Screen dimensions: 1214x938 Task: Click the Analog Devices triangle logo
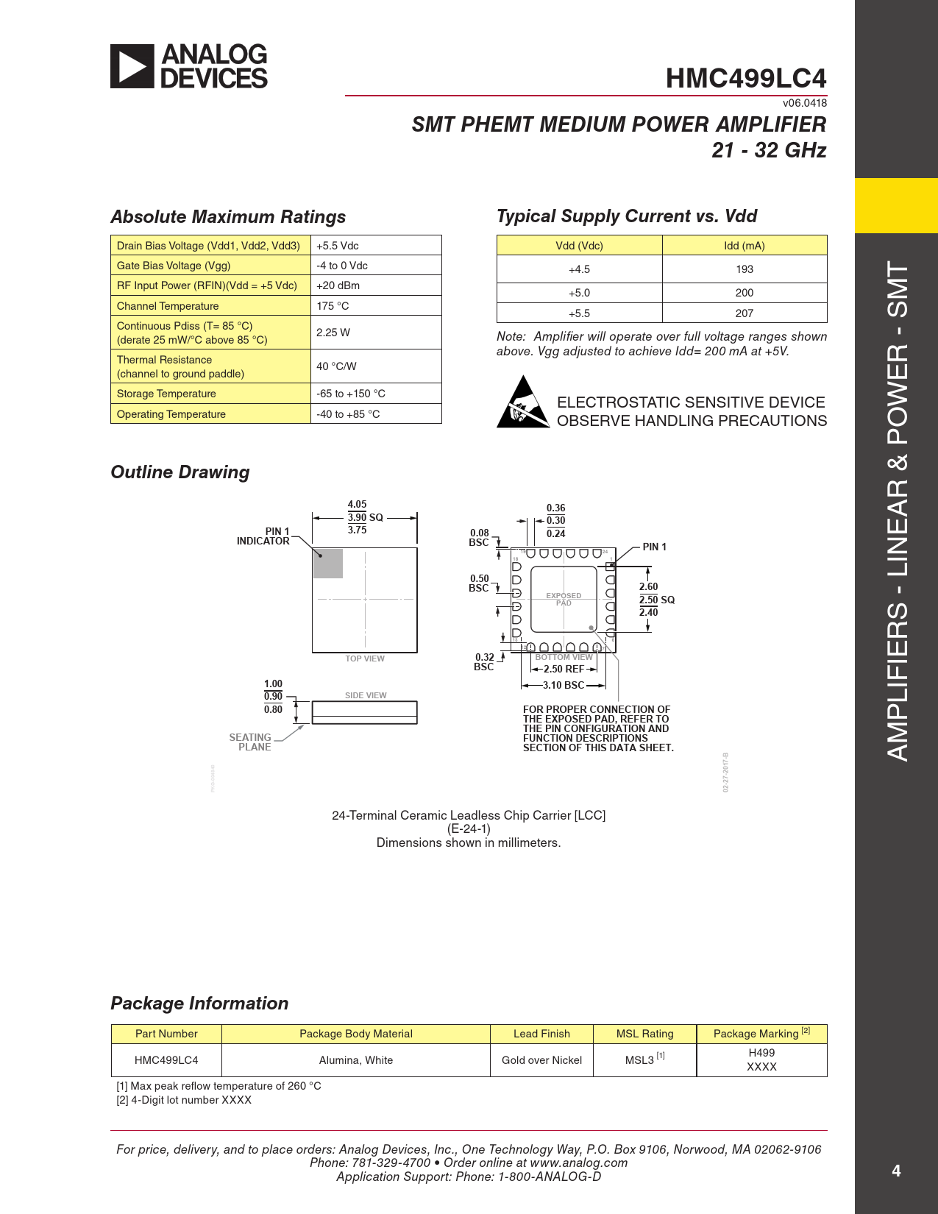click(x=132, y=66)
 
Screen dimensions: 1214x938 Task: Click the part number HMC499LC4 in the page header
click(x=745, y=78)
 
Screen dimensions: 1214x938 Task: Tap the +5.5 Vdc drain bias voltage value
click(x=338, y=246)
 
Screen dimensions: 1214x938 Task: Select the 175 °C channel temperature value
click(x=333, y=306)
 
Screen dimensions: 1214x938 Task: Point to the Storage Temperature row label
click(x=166, y=394)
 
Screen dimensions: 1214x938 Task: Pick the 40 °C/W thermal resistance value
click(x=336, y=366)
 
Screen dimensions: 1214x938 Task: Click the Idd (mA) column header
click(x=744, y=246)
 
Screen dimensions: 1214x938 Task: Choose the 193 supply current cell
click(x=744, y=269)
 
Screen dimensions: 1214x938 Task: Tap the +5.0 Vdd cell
click(x=579, y=293)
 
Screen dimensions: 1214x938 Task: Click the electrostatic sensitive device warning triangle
click(x=522, y=403)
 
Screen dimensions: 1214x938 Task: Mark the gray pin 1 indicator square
click(x=328, y=564)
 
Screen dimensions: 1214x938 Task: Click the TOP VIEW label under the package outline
click(x=365, y=659)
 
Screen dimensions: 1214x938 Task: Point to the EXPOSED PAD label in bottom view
click(x=564, y=599)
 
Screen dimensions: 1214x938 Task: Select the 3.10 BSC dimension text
click(x=563, y=685)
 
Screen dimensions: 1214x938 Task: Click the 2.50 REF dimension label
click(x=564, y=669)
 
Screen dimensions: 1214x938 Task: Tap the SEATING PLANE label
click(x=251, y=742)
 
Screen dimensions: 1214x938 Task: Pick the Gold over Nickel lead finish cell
click(x=541, y=1060)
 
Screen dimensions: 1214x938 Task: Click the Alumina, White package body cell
click(x=355, y=1060)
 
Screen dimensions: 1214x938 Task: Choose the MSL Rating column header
click(x=644, y=1034)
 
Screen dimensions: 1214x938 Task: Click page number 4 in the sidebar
click(x=896, y=1171)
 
